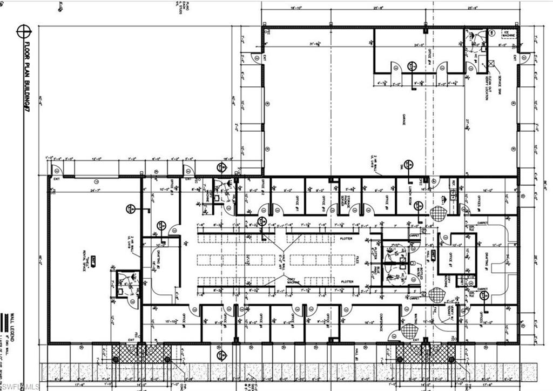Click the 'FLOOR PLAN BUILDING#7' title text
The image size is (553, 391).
pyautogui.click(x=25, y=76)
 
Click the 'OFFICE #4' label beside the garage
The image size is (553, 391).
pyautogui.click(x=429, y=57)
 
